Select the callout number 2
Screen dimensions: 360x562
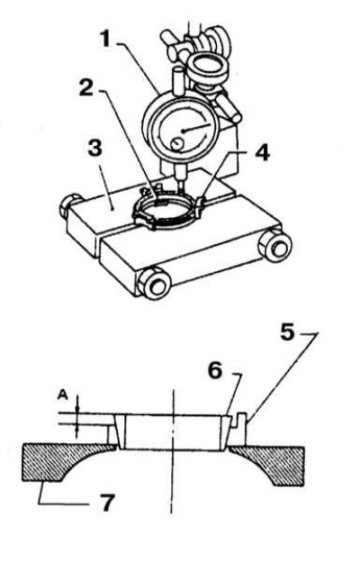(86, 88)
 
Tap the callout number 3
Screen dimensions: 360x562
(94, 148)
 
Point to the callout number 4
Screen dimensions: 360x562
(262, 153)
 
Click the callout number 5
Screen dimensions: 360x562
(287, 332)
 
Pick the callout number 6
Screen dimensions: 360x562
(215, 370)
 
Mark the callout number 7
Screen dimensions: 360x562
(107, 503)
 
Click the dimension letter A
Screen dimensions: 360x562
(63, 395)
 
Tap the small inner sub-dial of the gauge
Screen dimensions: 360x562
(175, 144)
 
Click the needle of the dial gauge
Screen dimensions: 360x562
(197, 128)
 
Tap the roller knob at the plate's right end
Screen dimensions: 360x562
(275, 247)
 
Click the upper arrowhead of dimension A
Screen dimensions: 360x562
(76, 409)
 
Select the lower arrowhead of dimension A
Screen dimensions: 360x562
(76, 429)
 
